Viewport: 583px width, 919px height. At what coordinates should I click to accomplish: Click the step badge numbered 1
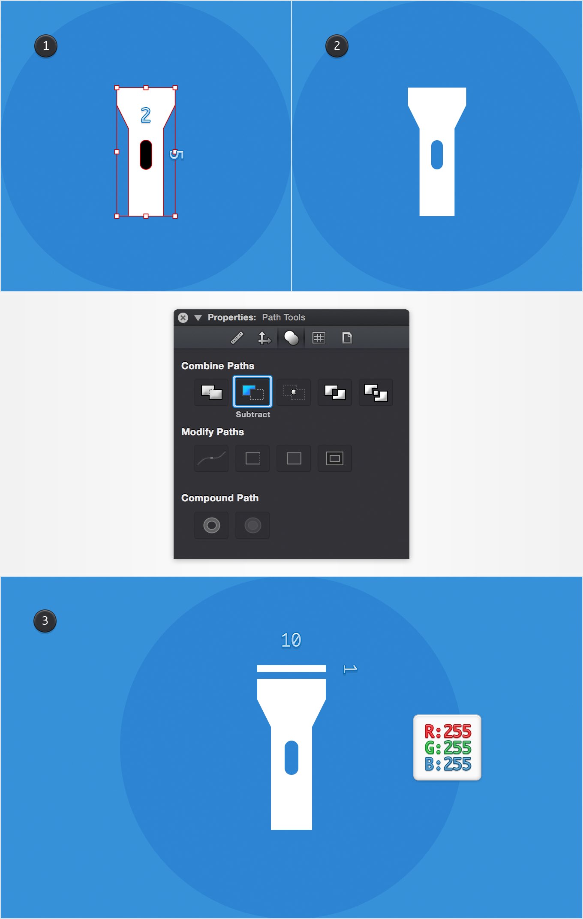point(46,46)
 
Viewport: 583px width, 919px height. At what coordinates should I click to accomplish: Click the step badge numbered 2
point(337,46)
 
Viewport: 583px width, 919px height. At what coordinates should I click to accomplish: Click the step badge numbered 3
point(45,621)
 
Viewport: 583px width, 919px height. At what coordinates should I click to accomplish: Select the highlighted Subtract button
point(252,392)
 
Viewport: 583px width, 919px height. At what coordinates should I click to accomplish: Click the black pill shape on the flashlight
point(146,154)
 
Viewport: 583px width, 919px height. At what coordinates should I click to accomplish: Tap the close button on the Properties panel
point(183,318)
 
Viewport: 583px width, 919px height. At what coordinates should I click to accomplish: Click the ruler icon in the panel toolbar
point(237,338)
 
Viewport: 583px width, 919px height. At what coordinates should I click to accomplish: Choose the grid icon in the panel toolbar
point(319,338)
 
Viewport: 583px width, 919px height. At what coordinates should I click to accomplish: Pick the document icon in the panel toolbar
point(347,338)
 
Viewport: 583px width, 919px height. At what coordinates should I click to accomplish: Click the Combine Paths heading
point(218,366)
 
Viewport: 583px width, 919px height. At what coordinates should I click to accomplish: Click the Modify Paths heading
point(213,432)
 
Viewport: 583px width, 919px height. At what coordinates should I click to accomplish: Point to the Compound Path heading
point(220,498)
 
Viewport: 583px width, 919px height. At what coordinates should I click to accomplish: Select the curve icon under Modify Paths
point(211,458)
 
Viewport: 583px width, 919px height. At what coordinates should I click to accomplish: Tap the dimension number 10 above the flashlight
point(291,640)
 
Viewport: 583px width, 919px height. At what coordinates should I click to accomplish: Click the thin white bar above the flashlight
point(291,669)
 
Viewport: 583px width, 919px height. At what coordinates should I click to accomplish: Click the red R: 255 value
point(448,731)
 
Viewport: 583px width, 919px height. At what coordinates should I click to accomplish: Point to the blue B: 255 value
point(448,764)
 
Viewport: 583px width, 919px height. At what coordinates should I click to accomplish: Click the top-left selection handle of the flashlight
point(117,87)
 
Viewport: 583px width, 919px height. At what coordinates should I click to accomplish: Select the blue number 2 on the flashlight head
point(146,115)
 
